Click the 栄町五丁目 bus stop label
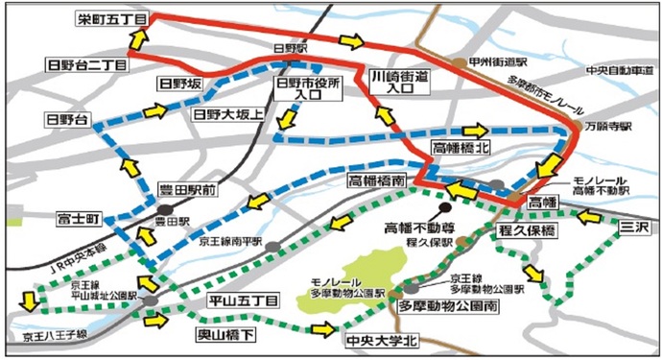(x=109, y=19)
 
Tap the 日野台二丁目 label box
(x=85, y=64)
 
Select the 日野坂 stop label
(x=180, y=84)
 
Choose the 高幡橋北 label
(x=464, y=149)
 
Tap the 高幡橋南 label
(x=377, y=180)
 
